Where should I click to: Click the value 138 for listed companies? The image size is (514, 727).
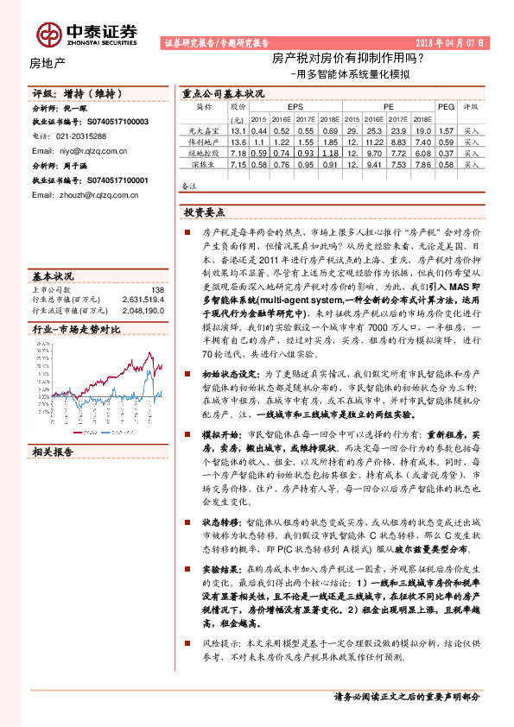pos(157,290)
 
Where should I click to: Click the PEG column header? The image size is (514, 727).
pos(446,107)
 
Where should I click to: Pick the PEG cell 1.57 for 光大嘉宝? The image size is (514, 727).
pos(445,130)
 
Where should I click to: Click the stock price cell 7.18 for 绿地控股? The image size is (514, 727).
pos(238,152)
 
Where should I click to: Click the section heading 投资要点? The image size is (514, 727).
pos(203,212)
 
